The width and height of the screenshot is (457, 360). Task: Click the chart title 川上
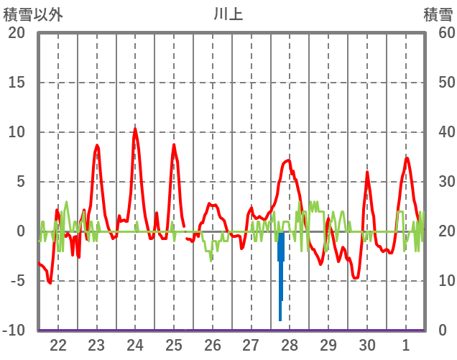pos(228,14)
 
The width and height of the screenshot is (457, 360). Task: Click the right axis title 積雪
pos(437,14)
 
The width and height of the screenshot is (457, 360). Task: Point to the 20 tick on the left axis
pos(16,33)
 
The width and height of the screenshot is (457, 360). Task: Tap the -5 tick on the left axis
pos(16,281)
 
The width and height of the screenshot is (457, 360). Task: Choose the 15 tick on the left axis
pos(16,83)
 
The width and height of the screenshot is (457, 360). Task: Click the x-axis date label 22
pos(58,344)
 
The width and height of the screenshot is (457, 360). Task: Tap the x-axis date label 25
pos(174,344)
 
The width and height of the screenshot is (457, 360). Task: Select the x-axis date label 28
pos(290,344)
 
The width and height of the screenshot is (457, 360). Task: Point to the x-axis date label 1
pos(406,344)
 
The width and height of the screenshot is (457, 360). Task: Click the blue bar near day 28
pos(281,273)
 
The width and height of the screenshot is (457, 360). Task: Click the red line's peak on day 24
pos(135,129)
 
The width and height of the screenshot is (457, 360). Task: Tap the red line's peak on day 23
pos(97,145)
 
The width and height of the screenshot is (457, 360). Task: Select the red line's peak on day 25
pos(173,145)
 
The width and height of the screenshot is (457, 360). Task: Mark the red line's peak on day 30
pos(367,172)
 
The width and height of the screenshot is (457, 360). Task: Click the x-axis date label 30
pos(367,344)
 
